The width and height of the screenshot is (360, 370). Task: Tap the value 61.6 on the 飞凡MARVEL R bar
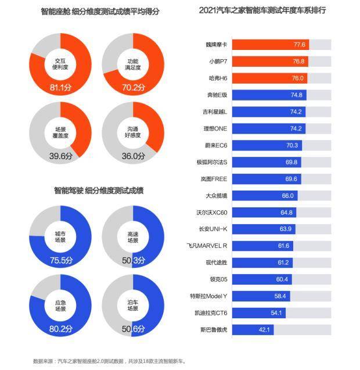pos(283,246)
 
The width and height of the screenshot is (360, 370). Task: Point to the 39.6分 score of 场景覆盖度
pos(60,156)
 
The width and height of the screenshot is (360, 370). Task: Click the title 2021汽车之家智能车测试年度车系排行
pos(262,10)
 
